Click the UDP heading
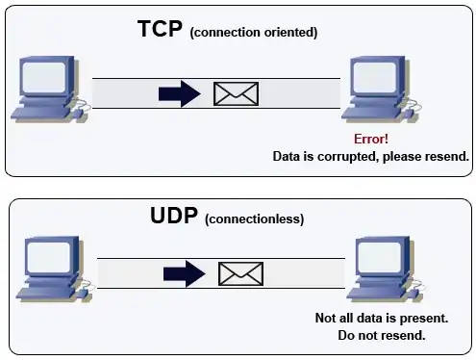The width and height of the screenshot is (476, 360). [174, 217]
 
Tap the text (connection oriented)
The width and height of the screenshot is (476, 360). [253, 33]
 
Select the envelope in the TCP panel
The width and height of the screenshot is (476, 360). [236, 93]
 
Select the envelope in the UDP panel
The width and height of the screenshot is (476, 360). [240, 274]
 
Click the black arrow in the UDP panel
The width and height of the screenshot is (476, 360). [185, 274]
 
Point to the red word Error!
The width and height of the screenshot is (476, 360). [371, 140]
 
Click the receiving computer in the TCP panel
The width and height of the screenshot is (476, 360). [382, 90]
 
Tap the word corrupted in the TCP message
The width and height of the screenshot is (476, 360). [347, 156]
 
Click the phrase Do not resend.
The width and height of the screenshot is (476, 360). [383, 335]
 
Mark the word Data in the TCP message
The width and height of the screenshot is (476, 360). [288, 156]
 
